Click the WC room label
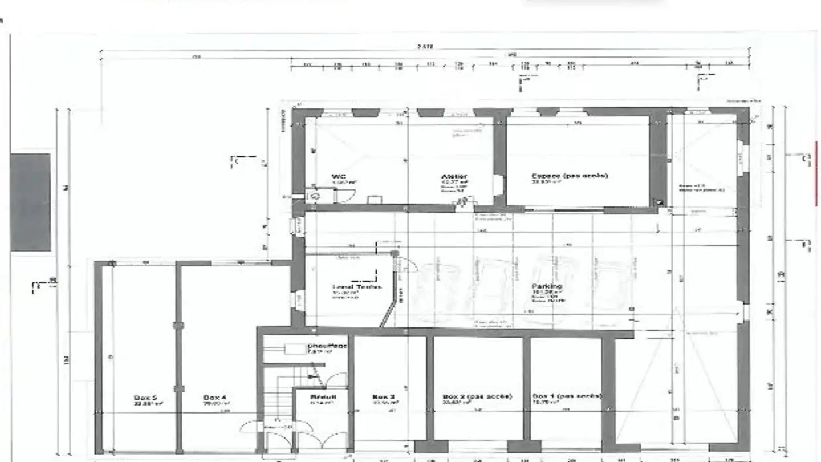339,177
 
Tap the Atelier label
454,177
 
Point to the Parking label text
547,286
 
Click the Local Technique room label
357,287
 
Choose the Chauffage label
327,346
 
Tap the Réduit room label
323,396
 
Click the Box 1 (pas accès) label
566,396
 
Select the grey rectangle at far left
30,202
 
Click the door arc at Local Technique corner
408,264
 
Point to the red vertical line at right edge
816,173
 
